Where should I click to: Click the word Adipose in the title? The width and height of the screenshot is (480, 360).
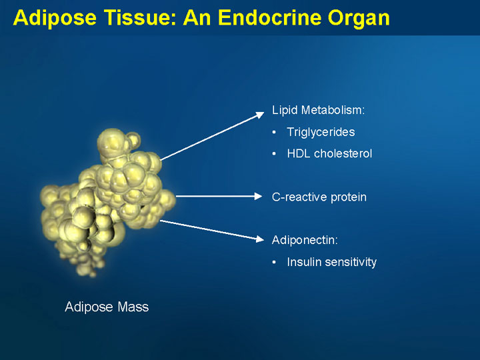pyautogui.click(x=55, y=18)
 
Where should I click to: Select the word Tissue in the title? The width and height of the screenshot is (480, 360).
pyautogui.click(x=141, y=18)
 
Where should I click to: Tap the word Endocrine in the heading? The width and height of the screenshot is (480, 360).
pyautogui.click(x=269, y=18)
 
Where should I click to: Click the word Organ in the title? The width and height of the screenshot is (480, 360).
pyautogui.click(x=359, y=19)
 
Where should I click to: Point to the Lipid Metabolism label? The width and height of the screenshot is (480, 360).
pyautogui.click(x=319, y=110)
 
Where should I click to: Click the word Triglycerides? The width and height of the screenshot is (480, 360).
pyautogui.click(x=321, y=132)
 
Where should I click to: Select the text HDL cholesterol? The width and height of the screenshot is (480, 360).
pyautogui.click(x=329, y=153)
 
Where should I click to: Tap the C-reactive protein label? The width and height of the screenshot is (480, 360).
pyautogui.click(x=319, y=197)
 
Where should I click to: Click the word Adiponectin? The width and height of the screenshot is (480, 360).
pyautogui.click(x=305, y=240)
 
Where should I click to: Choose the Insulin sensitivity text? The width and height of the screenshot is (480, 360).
pyautogui.click(x=332, y=262)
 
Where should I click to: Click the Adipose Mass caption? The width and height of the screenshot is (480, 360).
pyautogui.click(x=107, y=307)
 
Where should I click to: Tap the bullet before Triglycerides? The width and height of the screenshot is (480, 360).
pyautogui.click(x=274, y=132)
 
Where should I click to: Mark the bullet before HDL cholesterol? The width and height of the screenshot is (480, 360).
pyautogui.click(x=274, y=154)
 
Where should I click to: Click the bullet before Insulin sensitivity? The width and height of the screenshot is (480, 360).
pyautogui.click(x=274, y=263)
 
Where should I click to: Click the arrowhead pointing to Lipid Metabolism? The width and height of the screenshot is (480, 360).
pyautogui.click(x=260, y=115)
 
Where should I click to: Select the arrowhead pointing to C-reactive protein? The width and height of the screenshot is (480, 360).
pyautogui.click(x=259, y=196)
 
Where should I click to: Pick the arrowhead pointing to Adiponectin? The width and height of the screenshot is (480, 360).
pyautogui.click(x=259, y=239)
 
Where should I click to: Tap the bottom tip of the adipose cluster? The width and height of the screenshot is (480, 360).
pyautogui.click(x=93, y=274)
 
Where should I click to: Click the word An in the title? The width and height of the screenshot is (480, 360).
pyautogui.click(x=197, y=18)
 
